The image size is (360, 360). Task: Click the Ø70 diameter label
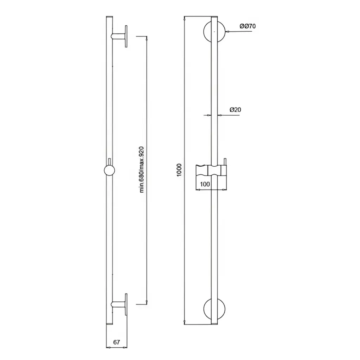coord(247,26)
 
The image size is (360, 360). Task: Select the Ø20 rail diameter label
coord(235,110)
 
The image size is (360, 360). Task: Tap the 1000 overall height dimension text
coord(179,170)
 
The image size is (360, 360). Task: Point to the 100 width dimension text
coord(205,184)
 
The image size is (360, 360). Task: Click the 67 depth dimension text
coord(117,342)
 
